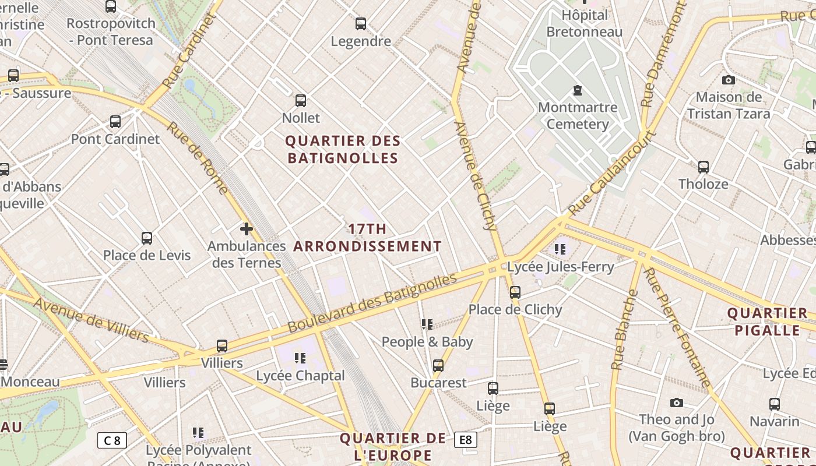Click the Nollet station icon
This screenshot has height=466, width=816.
(x=301, y=101)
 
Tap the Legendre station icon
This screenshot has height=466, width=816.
(x=361, y=24)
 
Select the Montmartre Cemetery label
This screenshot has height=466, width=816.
(x=578, y=115)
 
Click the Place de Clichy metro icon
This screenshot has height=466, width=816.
(x=515, y=292)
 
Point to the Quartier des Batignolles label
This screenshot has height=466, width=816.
(x=343, y=149)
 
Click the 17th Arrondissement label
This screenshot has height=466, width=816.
(x=367, y=238)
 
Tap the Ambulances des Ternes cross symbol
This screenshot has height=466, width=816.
(x=247, y=229)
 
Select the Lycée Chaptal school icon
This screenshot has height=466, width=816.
(x=300, y=358)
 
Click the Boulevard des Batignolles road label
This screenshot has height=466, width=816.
(x=372, y=303)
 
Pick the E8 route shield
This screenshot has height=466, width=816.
(x=466, y=440)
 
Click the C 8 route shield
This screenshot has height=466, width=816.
(x=112, y=440)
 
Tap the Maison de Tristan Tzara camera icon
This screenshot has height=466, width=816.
(x=728, y=80)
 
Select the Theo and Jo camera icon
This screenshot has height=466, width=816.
(x=676, y=403)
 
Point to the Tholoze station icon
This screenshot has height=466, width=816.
(x=704, y=167)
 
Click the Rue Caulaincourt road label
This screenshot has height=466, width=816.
(x=612, y=174)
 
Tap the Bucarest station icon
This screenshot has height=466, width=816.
(x=438, y=366)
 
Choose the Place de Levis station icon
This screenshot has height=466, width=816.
(x=147, y=238)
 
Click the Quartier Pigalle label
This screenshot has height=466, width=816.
(x=767, y=322)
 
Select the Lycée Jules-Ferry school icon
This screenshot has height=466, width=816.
(x=560, y=250)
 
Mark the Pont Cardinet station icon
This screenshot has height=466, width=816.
(x=115, y=122)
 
